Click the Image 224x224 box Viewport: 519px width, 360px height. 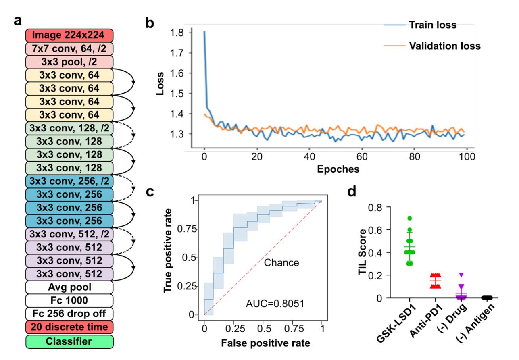(70, 35)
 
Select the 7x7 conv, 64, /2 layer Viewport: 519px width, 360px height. (70, 48)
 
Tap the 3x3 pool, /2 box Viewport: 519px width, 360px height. (70, 62)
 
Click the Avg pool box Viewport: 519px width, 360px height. (70, 287)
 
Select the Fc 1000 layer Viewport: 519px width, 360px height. (70, 301)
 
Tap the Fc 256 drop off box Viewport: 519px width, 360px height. (70, 314)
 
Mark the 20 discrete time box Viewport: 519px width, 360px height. (70, 327)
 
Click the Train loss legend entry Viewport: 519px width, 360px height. (433, 25)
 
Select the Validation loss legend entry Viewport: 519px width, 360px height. (444, 46)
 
